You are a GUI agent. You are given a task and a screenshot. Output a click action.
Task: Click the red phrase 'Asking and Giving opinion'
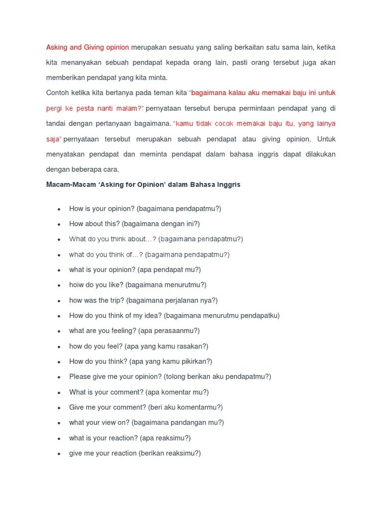click(88, 47)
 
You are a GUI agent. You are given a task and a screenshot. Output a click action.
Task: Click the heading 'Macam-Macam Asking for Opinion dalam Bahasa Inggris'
click(143, 184)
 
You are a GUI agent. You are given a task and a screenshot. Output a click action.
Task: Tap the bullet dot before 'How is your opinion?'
click(59, 209)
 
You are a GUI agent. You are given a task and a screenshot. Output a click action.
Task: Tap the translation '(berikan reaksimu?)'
click(170, 453)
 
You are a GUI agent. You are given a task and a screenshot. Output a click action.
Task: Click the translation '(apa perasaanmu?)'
click(169, 331)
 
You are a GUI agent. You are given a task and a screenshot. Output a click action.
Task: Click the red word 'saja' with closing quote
click(54, 139)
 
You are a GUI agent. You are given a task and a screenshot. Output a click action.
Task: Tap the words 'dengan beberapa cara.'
click(83, 169)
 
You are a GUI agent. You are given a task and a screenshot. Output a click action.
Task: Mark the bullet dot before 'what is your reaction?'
click(59, 438)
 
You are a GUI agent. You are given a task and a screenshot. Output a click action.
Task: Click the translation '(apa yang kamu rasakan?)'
click(167, 346)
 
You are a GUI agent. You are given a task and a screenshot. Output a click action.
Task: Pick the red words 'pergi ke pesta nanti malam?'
click(95, 108)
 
